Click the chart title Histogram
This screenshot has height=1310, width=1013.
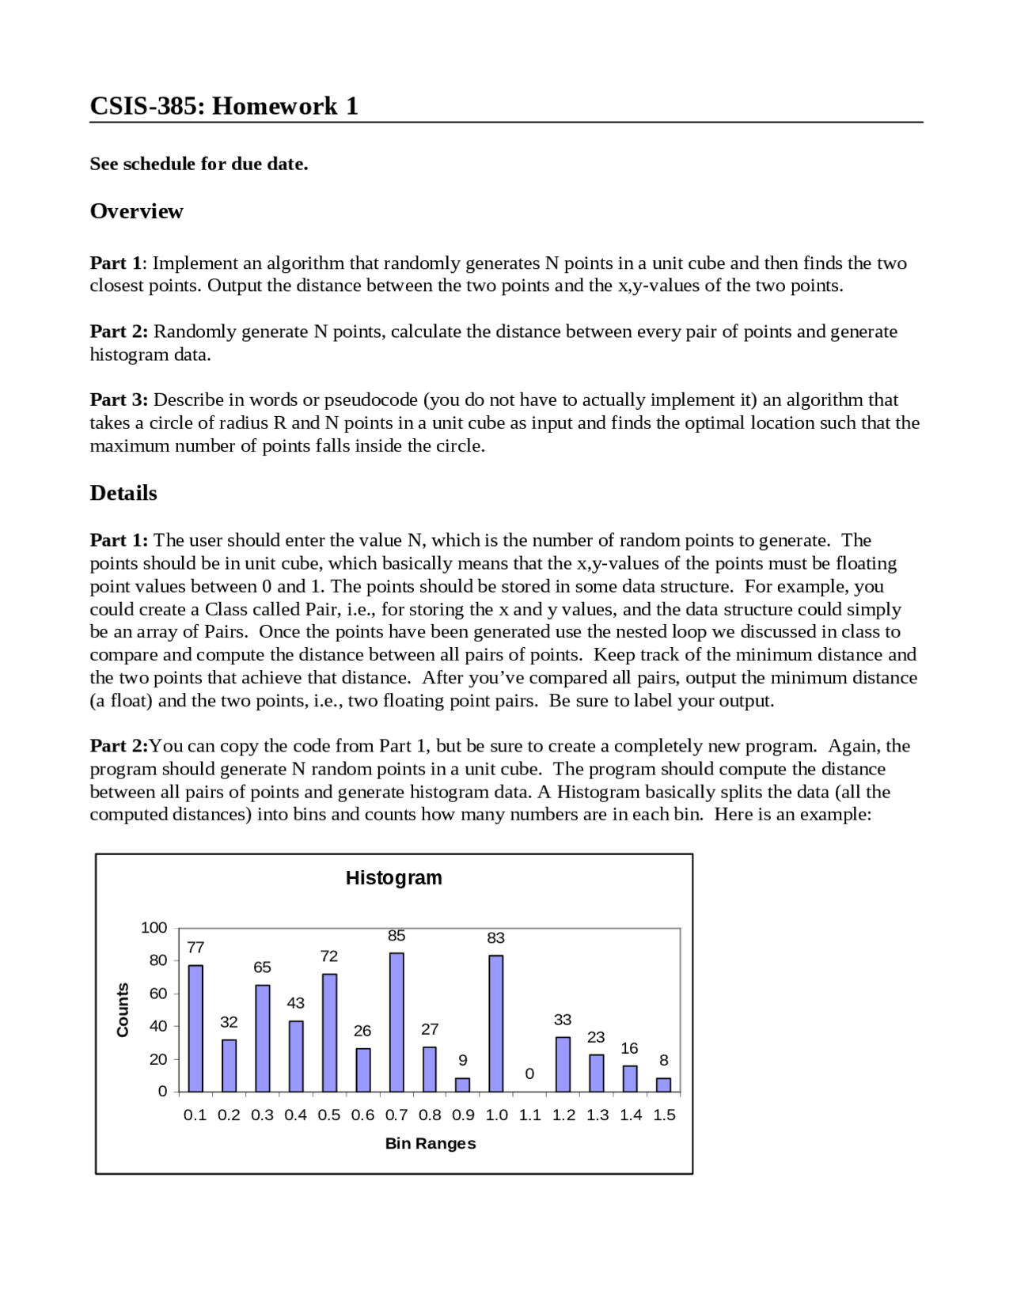click(x=393, y=878)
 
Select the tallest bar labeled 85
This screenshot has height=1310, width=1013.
click(x=396, y=1022)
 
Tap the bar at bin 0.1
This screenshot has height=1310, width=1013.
click(x=195, y=1028)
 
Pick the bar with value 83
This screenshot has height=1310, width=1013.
click(x=496, y=1024)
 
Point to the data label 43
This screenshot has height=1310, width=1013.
click(x=295, y=1003)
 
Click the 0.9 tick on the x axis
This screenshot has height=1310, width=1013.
click(x=463, y=1115)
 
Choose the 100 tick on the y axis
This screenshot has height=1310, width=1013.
click(x=154, y=928)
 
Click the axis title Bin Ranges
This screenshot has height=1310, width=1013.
click(x=431, y=1143)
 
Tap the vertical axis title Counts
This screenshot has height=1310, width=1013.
click(x=123, y=1010)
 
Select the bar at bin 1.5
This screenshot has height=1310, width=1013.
click(x=664, y=1085)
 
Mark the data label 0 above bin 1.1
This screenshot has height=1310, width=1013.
click(x=529, y=1073)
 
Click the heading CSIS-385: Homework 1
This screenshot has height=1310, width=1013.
click(x=224, y=105)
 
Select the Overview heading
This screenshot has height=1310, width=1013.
click(x=136, y=211)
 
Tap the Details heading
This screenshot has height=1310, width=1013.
click(x=123, y=493)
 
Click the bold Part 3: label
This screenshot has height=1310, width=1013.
click(x=119, y=399)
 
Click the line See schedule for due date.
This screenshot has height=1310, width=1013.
click(x=199, y=164)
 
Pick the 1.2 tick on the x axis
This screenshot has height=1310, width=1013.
click(x=563, y=1115)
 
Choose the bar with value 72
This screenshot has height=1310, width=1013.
click(x=329, y=1032)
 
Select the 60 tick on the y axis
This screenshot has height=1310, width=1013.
click(x=158, y=994)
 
